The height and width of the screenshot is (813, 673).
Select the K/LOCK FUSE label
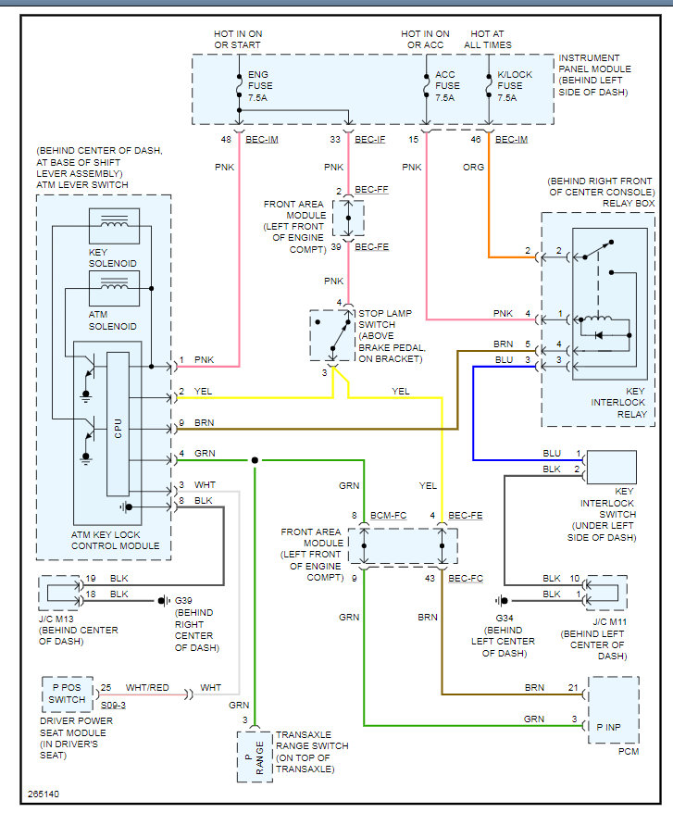click(515, 86)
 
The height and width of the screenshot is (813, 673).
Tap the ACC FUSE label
click(447, 86)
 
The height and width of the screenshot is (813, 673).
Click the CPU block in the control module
click(118, 424)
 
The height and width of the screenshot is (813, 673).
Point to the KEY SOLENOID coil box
click(114, 226)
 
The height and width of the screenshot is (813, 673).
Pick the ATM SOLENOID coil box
click(114, 289)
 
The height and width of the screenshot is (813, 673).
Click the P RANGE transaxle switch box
click(255, 757)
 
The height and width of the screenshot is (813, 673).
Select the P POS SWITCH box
click(68, 694)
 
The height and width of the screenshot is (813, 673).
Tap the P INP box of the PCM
click(614, 710)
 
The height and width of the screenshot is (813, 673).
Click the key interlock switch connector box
click(611, 468)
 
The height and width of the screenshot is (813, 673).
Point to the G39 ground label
click(183, 600)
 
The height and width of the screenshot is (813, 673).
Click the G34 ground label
click(505, 618)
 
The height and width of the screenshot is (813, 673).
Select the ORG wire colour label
click(473, 167)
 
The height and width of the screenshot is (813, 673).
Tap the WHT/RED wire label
click(147, 687)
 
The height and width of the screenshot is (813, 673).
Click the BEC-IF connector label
click(370, 140)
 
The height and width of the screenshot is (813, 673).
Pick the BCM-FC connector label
click(389, 516)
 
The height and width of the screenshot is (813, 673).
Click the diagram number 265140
click(44, 794)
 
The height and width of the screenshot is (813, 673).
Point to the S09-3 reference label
click(113, 706)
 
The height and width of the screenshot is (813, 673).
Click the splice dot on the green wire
click(255, 460)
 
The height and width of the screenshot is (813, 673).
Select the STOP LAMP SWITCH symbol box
click(332, 335)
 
